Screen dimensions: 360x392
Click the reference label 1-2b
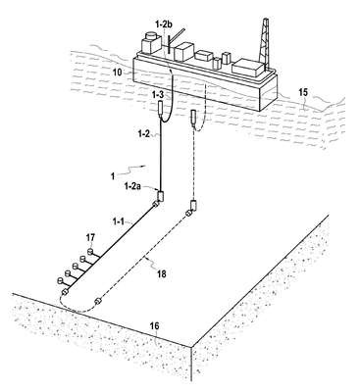pyautogui.click(x=166, y=25)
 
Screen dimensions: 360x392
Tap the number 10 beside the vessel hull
pyautogui.click(x=117, y=72)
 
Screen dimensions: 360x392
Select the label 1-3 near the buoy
pyautogui.click(x=158, y=95)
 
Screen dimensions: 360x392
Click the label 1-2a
pyautogui.click(x=132, y=186)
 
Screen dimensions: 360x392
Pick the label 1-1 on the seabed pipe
pyautogui.click(x=119, y=221)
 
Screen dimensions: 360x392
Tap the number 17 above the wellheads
pyautogui.click(x=90, y=238)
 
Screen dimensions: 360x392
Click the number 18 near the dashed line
pyautogui.click(x=162, y=273)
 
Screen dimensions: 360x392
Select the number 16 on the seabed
pyautogui.click(x=154, y=326)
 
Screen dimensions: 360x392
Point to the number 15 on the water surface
pyautogui.click(x=303, y=92)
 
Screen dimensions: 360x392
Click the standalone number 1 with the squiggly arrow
pyautogui.click(x=113, y=176)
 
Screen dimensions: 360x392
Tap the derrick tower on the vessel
pyautogui.click(x=264, y=43)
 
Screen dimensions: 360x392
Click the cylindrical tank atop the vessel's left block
pyautogui.click(x=151, y=35)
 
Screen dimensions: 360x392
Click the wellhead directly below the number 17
pyautogui.click(x=90, y=252)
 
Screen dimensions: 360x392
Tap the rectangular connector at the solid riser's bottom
pyautogui.click(x=161, y=196)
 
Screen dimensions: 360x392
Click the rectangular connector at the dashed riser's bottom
pyautogui.click(x=194, y=206)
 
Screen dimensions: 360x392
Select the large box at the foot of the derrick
pyautogui.click(x=248, y=68)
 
